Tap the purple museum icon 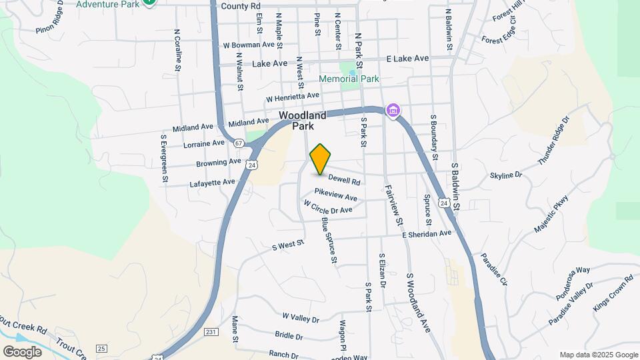click(393, 111)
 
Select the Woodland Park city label click(303, 121)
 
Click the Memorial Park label click(349, 79)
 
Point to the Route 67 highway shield click(238, 143)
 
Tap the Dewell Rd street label click(344, 181)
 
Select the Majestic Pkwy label click(553, 213)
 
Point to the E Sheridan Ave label click(427, 234)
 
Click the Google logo click(22, 351)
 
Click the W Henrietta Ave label click(293, 97)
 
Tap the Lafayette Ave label click(212, 182)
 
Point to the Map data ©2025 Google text click(598, 355)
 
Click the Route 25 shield click(101, 348)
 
